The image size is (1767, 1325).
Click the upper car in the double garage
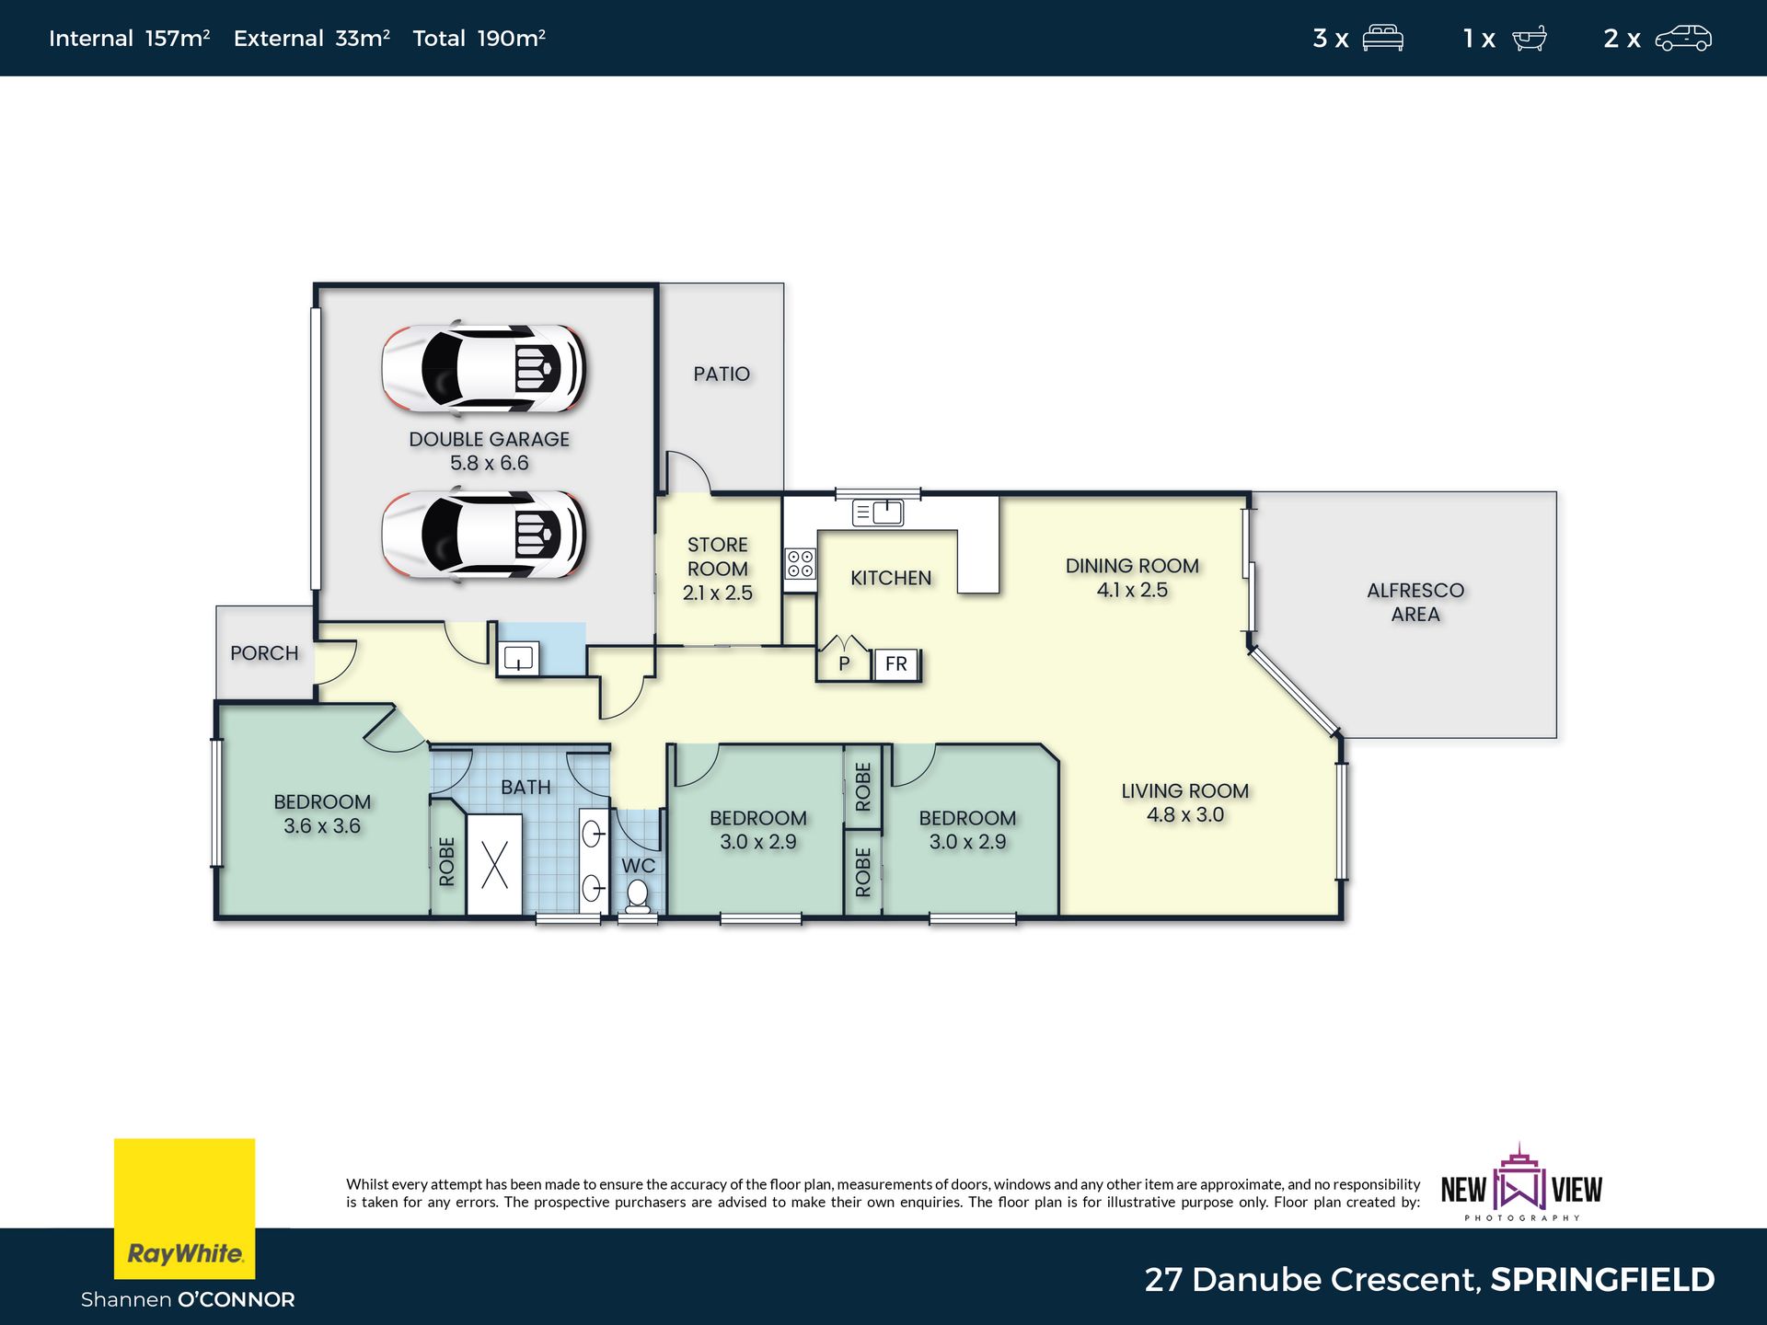(484, 368)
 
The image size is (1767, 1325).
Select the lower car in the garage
(484, 535)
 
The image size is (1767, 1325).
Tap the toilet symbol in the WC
(637, 894)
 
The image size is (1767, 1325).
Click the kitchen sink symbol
(878, 513)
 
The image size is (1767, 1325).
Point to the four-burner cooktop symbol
(800, 564)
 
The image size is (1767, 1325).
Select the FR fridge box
(895, 663)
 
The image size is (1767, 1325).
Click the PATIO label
(722, 374)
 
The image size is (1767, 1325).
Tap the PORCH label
(264, 653)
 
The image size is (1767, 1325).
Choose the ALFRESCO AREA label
(1415, 603)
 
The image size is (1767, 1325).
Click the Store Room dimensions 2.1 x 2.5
(718, 593)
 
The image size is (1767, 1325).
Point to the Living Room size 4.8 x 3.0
(1185, 815)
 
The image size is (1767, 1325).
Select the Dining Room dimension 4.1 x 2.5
(1132, 591)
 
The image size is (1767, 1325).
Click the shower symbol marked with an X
(494, 865)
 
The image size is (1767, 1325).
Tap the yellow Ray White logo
(184, 1209)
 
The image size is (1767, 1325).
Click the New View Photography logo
(1521, 1184)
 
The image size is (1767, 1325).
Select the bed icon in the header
(1382, 39)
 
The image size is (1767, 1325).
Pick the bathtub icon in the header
(1530, 39)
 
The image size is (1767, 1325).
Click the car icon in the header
(1683, 39)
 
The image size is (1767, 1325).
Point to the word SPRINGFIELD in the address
(1602, 1280)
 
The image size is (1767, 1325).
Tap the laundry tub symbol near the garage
(519, 659)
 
